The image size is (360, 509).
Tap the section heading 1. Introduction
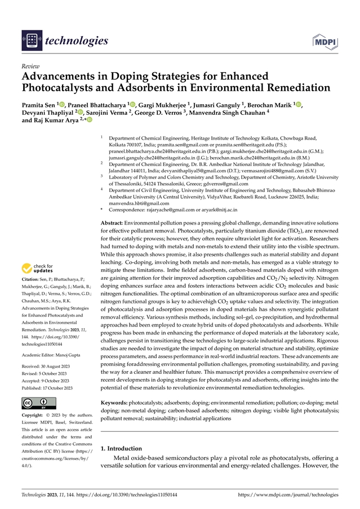121,449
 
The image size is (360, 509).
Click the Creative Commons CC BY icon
39,403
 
